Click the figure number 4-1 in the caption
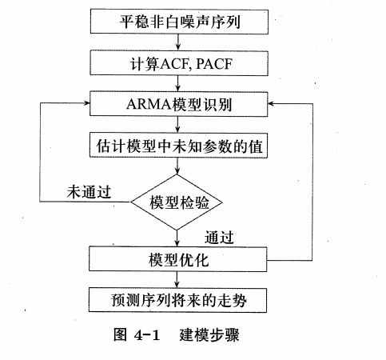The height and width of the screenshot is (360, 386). [142, 336]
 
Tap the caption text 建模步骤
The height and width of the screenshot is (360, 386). [209, 336]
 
